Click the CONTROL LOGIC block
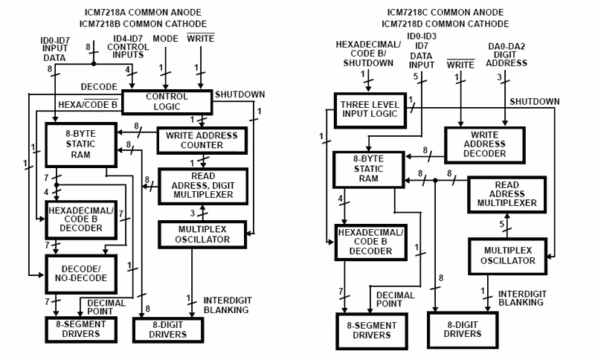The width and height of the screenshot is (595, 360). [167, 102]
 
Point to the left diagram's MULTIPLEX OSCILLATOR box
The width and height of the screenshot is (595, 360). [202, 234]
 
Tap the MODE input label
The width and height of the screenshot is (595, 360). [164, 37]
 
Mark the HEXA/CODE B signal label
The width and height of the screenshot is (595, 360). [88, 105]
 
